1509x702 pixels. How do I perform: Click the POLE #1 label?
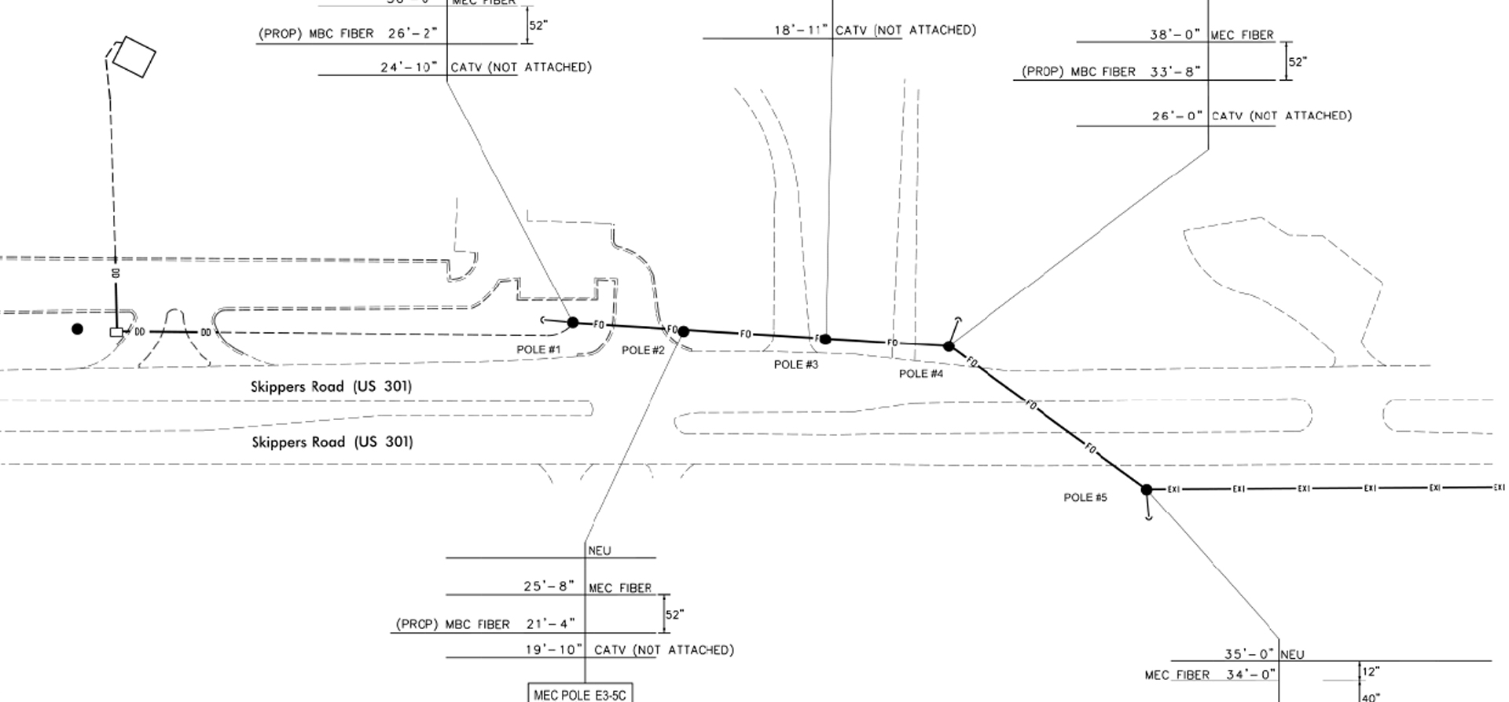coord(538,349)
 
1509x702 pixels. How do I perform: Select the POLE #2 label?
coord(643,350)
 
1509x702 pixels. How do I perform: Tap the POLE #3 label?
coord(795,364)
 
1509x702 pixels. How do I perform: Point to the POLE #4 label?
coord(920,374)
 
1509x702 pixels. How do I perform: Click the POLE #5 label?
coord(1085,498)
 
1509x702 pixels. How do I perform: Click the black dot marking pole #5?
coord(1147,490)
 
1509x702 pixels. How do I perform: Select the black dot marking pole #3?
coord(825,339)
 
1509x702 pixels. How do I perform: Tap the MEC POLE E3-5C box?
coord(580,694)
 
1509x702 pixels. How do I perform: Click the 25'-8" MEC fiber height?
coord(549,587)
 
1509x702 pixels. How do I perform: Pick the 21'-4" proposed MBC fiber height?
coord(550,624)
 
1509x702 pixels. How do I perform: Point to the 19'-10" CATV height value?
coord(554,650)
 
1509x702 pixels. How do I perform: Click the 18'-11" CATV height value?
coord(801,31)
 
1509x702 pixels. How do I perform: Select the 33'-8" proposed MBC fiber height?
coord(1175,72)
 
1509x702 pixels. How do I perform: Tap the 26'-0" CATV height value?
coord(1177,116)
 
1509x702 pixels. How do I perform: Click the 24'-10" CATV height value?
coord(409,68)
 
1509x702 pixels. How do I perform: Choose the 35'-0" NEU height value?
coord(1249,654)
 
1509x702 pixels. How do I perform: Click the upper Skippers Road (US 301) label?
coord(331,386)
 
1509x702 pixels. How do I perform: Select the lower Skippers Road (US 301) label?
coord(332,442)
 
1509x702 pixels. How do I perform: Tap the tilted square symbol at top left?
coord(133,57)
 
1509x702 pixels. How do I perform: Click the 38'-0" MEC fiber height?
coord(1175,35)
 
